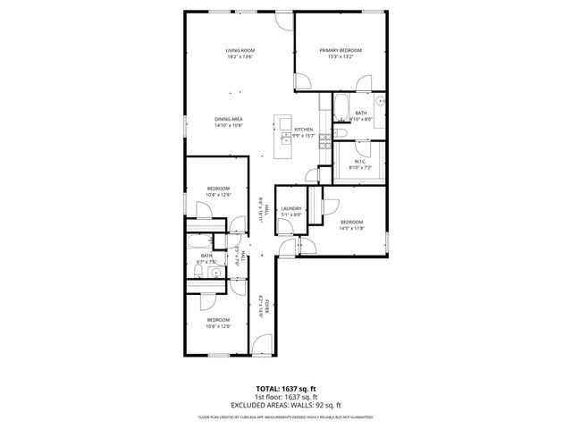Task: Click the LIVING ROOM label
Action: pos(240,50)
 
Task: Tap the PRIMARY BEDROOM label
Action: pos(341,50)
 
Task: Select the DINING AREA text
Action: pos(229,119)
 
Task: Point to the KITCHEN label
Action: pos(304,130)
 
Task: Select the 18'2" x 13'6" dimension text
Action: pos(240,56)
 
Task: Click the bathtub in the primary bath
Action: pos(343,107)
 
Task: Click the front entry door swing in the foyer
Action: pos(262,342)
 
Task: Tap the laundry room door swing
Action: pos(288,248)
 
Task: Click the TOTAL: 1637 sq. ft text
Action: pos(286,390)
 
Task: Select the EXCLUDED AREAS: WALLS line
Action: pos(286,405)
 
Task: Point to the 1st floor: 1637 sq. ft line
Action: pos(286,398)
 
